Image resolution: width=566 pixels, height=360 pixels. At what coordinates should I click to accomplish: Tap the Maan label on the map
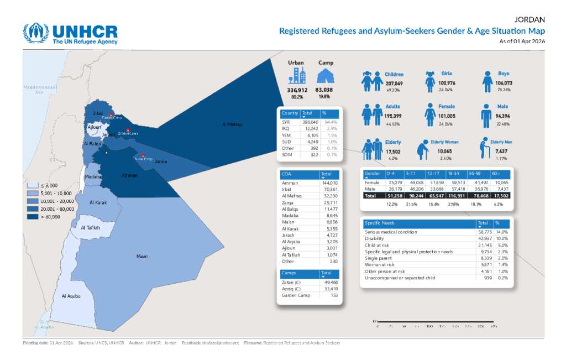(142, 256)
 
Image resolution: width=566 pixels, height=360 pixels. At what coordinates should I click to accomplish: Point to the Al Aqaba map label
(71, 296)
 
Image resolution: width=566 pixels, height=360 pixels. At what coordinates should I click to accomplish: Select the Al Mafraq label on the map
(232, 124)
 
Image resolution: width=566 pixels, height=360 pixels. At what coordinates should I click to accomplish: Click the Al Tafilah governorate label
(90, 227)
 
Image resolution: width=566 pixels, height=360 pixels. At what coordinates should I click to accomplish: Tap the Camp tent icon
(326, 76)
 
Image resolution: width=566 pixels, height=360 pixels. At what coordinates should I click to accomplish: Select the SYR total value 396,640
(311, 122)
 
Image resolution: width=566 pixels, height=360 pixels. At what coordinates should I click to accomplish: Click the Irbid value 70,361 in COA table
(329, 189)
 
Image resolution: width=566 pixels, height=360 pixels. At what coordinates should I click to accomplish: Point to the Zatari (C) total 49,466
(329, 282)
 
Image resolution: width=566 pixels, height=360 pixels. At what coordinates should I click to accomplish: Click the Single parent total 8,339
(484, 258)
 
